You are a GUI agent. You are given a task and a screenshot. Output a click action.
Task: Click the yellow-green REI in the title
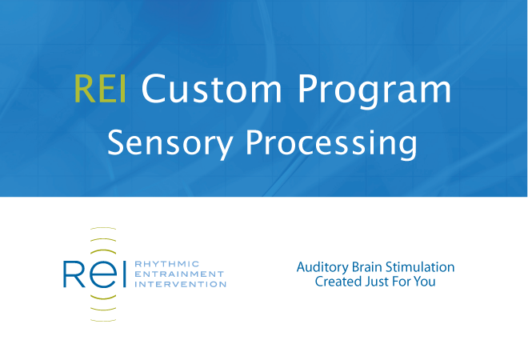click(100, 89)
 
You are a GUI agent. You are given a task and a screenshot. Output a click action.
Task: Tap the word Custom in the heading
click(211, 89)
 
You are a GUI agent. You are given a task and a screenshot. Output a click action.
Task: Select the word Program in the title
click(374, 91)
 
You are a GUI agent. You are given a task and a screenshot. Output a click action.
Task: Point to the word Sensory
click(170, 144)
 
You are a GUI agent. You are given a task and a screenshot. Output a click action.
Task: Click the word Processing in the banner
click(331, 144)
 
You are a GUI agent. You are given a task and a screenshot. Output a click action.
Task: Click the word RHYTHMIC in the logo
click(167, 264)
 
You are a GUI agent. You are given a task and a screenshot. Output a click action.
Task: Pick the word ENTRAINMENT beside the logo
click(179, 274)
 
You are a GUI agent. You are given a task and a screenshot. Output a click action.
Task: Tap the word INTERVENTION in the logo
click(180, 284)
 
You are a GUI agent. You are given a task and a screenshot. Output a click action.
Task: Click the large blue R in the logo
click(74, 274)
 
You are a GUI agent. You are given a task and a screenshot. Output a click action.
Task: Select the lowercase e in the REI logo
click(102, 274)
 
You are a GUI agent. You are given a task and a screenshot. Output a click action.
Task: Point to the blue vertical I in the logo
click(124, 274)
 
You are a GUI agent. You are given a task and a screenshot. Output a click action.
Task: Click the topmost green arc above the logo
click(103, 228)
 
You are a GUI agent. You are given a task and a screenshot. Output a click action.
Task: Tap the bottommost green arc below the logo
click(103, 320)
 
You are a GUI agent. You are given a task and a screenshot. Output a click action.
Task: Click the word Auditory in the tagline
click(322, 268)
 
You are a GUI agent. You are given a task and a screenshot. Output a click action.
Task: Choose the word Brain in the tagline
click(367, 267)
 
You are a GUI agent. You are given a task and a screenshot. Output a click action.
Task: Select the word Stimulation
click(420, 267)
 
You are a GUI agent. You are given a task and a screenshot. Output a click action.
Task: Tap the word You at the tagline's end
click(425, 282)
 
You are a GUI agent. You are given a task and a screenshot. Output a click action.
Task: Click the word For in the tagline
click(401, 282)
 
